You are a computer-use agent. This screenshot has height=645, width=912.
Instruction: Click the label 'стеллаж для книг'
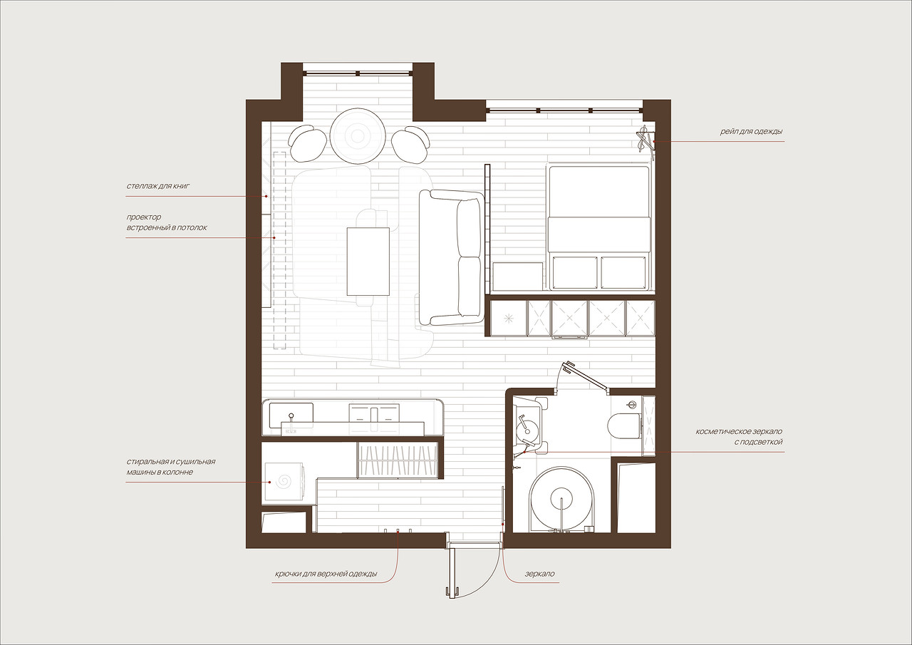click(x=158, y=187)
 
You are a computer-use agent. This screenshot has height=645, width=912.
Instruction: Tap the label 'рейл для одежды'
click(x=751, y=132)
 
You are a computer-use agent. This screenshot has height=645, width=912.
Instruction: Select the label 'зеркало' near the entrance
click(x=539, y=574)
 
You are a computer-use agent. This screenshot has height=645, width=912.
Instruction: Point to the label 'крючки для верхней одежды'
click(x=326, y=574)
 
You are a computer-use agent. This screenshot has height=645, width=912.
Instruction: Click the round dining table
click(x=358, y=136)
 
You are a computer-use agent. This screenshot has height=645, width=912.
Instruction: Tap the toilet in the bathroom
click(x=623, y=425)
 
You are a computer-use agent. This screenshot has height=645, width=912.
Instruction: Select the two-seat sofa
click(x=452, y=257)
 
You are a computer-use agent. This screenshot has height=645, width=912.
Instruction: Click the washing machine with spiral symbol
click(x=284, y=481)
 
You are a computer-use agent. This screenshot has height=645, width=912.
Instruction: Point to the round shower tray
click(x=562, y=499)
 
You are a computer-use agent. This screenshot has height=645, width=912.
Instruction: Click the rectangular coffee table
click(x=368, y=262)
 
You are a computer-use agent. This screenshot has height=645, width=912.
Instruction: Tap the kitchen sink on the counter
click(x=291, y=416)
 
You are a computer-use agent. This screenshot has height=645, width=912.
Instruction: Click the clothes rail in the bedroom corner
click(x=645, y=140)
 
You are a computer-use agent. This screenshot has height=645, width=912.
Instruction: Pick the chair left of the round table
click(x=307, y=143)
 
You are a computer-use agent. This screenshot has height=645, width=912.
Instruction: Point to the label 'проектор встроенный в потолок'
click(x=167, y=222)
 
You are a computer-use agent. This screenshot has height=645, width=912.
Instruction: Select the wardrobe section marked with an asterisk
click(x=509, y=319)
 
